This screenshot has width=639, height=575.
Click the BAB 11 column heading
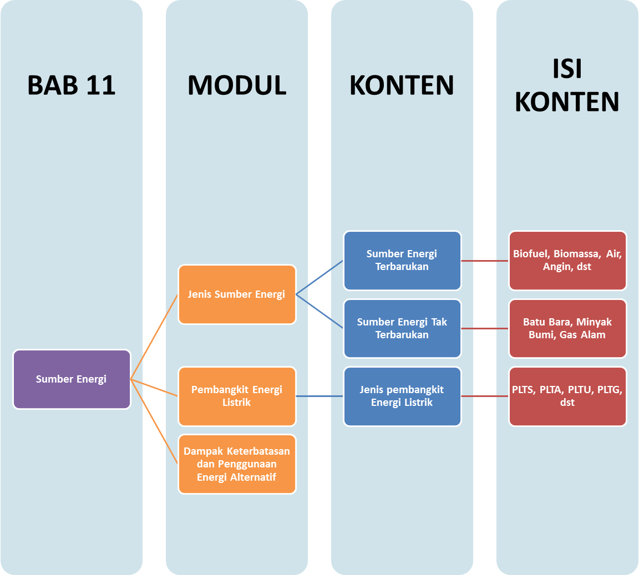pyautogui.click(x=72, y=85)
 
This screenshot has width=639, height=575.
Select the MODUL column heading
pyautogui.click(x=237, y=85)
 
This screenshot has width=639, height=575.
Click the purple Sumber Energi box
pyautogui.click(x=72, y=379)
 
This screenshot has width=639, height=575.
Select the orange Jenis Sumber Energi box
pyautogui.click(x=237, y=294)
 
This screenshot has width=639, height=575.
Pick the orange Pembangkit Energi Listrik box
pyautogui.click(x=237, y=396)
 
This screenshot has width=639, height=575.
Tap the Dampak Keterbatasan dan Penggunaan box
pyautogui.click(x=237, y=464)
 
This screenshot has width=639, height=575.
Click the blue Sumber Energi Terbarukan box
pyautogui.click(x=402, y=261)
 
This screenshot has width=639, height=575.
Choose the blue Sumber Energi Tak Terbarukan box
pyautogui.click(x=402, y=328)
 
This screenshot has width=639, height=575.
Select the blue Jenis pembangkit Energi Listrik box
pyautogui.click(x=402, y=396)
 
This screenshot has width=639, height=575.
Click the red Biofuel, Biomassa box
pyautogui.click(x=567, y=261)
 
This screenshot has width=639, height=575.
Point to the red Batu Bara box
pyautogui.click(x=567, y=328)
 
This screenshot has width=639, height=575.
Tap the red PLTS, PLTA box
pyautogui.click(x=567, y=396)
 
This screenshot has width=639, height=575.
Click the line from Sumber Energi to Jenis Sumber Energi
pyautogui.click(x=154, y=337)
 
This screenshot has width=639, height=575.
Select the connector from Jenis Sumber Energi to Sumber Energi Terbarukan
pyautogui.click(x=319, y=278)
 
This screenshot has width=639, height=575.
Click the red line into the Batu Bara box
pyautogui.click(x=485, y=328)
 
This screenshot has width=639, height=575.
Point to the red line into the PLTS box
pyautogui.click(x=485, y=396)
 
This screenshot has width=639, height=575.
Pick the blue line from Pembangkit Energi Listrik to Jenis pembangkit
pyautogui.click(x=319, y=396)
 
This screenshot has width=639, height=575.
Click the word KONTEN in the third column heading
pyautogui.click(x=402, y=85)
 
